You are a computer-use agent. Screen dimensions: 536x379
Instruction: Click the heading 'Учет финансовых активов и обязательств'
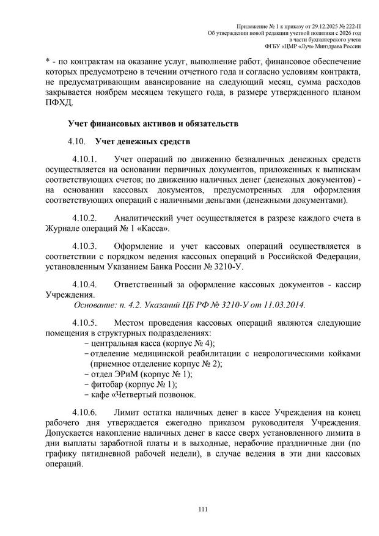[x=153, y=125]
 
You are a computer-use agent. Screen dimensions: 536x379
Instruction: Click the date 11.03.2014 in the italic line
[x=282, y=304]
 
